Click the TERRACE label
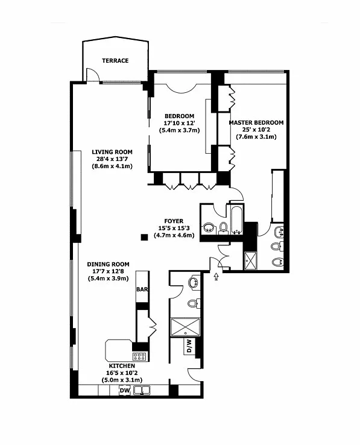[x=115, y=60]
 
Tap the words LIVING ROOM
[x=112, y=152]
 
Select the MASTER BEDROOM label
[x=256, y=122]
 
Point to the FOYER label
[x=174, y=221]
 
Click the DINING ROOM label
[x=108, y=264]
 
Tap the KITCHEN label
[x=122, y=366]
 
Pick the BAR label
[x=142, y=289]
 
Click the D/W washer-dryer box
[x=190, y=346]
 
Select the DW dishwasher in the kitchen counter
[x=125, y=391]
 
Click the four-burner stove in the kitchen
[x=139, y=356]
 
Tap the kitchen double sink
[x=142, y=391]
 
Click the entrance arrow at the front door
[x=216, y=276]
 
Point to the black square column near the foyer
[x=145, y=237]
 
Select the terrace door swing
[x=92, y=75]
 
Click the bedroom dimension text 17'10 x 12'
[x=180, y=123]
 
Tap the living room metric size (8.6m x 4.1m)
[x=112, y=166]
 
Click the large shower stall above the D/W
[x=185, y=327]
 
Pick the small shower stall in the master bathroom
[x=251, y=260]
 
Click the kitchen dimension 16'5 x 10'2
[x=122, y=373]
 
